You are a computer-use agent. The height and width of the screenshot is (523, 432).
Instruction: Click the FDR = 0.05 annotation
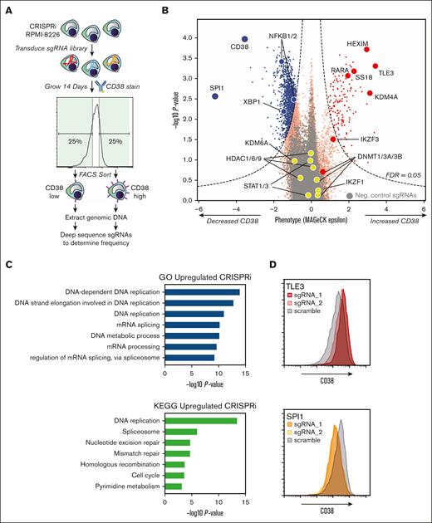tap(405, 176)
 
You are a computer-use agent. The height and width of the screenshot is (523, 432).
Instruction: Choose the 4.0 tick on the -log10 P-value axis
tap(189, 37)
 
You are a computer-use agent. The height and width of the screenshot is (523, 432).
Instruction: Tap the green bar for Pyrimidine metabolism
tap(173, 486)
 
